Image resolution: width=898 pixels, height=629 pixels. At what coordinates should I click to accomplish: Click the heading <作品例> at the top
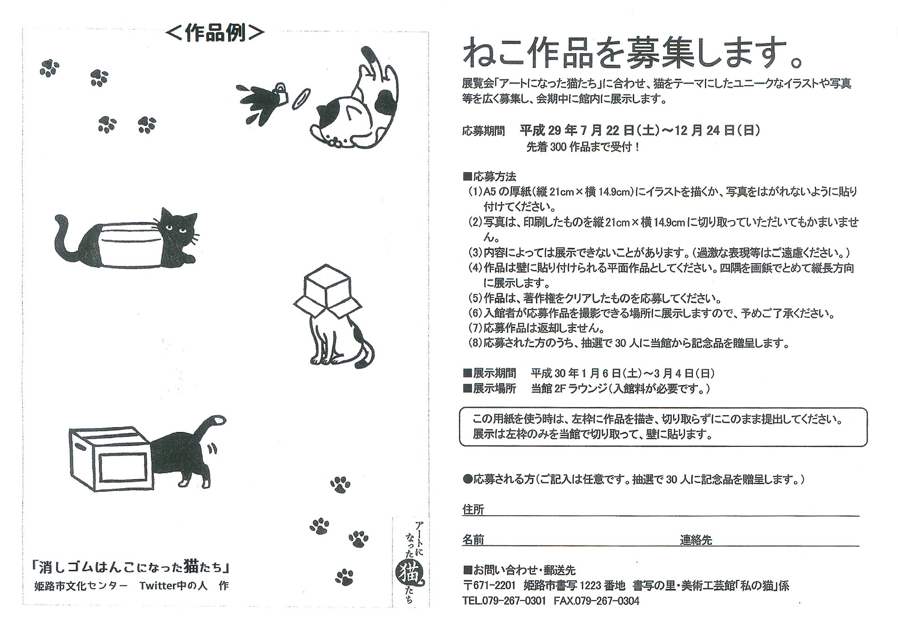pos(215,33)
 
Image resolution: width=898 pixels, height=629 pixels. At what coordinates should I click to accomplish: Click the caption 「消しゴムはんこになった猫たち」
pos(131,566)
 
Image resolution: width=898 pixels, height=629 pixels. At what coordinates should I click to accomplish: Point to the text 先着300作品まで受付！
pos(583,148)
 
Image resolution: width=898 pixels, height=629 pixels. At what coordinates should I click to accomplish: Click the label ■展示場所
pos(489,388)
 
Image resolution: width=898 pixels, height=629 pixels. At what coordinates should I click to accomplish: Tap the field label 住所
pos(473,510)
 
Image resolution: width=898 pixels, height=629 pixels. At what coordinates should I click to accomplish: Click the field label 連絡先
pos(695,540)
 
